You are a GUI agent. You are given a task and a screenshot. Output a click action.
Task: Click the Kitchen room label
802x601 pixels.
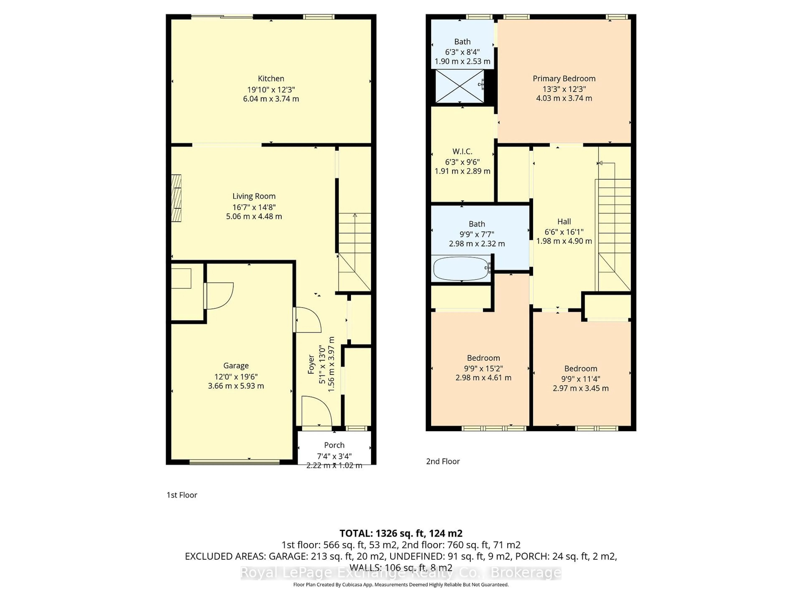(x=271, y=79)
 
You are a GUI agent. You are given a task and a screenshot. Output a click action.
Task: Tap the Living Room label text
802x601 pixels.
(x=254, y=196)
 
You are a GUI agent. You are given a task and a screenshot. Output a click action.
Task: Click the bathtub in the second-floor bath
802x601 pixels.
(x=461, y=268)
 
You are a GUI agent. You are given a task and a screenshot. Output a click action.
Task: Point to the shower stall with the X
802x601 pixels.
(x=459, y=86)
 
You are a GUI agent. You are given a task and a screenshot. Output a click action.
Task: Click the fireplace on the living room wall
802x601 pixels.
(x=176, y=198)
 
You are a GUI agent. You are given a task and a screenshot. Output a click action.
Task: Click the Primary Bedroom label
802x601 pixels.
(x=564, y=79)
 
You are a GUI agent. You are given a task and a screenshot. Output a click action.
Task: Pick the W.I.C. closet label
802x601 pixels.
(x=462, y=152)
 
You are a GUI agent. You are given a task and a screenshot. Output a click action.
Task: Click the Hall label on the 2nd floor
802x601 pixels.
(x=564, y=222)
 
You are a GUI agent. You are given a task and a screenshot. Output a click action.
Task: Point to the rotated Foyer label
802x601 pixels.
(x=311, y=364)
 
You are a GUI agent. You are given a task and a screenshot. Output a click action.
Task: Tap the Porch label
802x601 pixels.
(x=334, y=445)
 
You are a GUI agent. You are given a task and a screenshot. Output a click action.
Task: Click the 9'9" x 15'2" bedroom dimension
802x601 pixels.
(x=483, y=368)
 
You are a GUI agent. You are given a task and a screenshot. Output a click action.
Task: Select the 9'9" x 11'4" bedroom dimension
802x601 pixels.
(x=580, y=379)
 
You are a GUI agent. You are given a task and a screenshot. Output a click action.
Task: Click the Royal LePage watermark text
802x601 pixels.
(x=401, y=573)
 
